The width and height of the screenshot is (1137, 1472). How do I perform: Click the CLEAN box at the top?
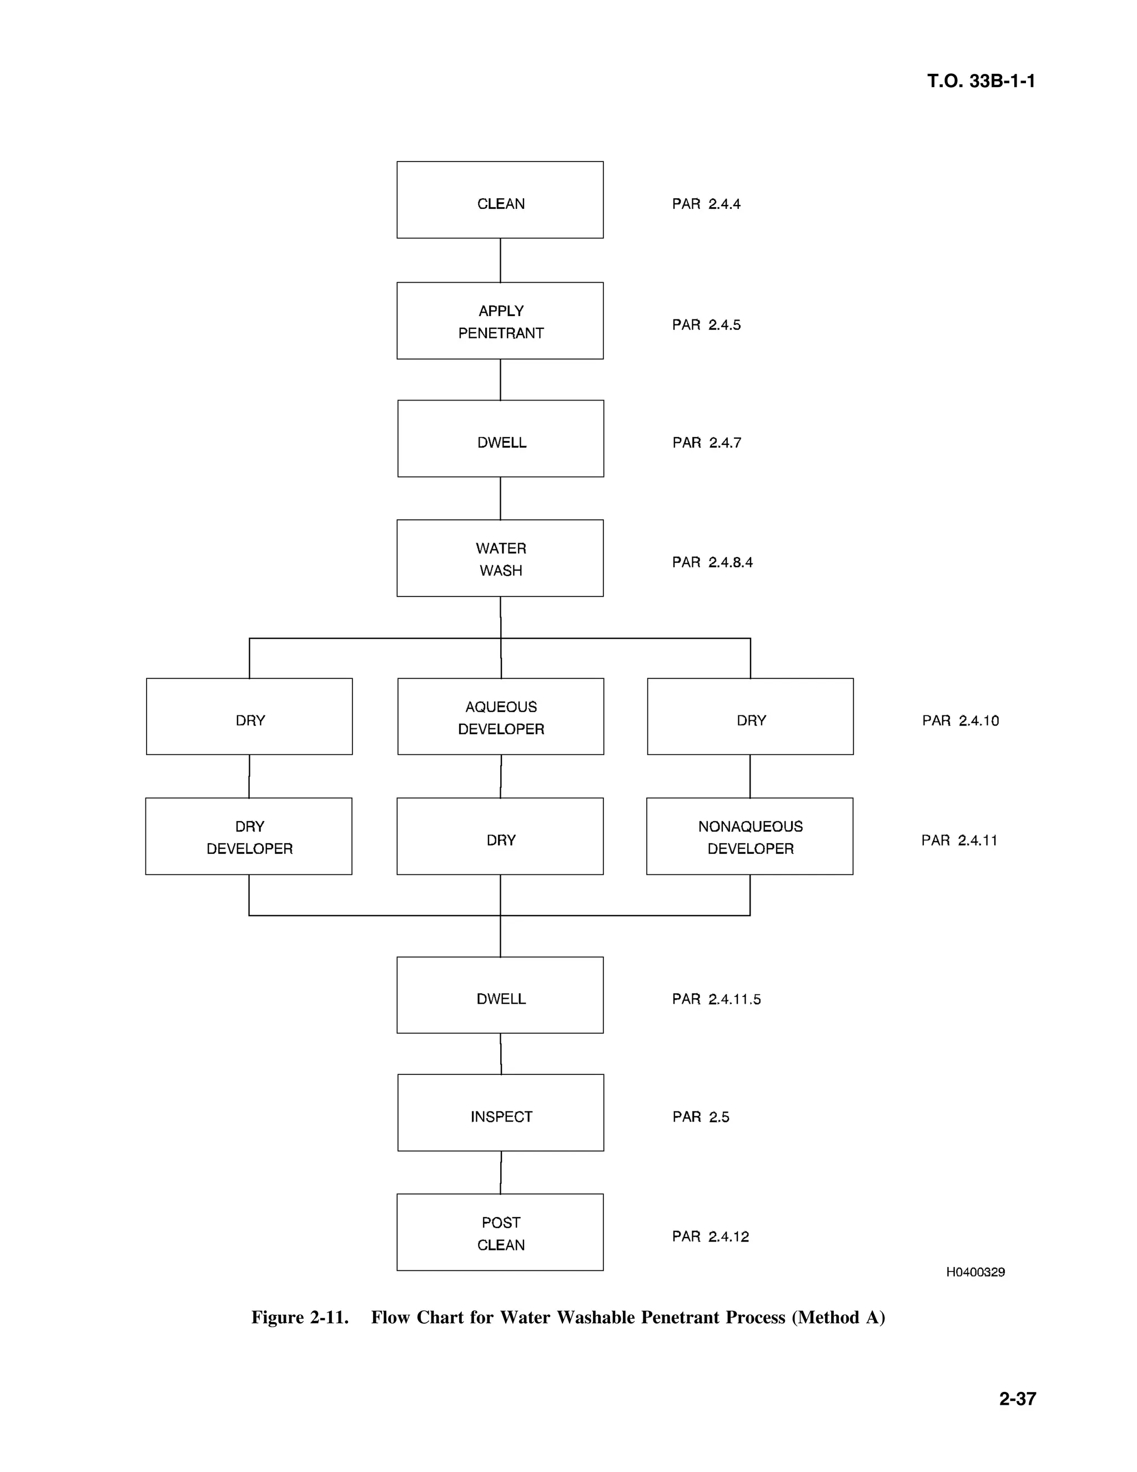coord(500,199)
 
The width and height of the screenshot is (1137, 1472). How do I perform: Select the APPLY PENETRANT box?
coord(500,321)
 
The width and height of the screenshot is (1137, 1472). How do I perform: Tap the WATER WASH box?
coord(500,558)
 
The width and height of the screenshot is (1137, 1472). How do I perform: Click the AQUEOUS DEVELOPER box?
coord(500,717)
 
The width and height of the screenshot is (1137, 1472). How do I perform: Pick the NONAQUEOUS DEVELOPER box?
coord(749,837)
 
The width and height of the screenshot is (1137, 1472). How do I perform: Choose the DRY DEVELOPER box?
coord(249,837)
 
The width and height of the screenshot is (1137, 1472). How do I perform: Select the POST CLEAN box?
coord(500,1233)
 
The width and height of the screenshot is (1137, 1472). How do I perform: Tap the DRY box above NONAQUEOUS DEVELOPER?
coord(751,717)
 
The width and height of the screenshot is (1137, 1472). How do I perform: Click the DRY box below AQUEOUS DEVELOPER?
coord(500,837)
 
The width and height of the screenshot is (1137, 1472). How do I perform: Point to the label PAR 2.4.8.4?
coord(712,562)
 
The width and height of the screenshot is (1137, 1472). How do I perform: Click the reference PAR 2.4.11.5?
coord(716,999)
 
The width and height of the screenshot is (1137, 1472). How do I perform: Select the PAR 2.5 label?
coord(701,1117)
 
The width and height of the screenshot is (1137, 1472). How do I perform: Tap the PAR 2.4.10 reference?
coord(960,720)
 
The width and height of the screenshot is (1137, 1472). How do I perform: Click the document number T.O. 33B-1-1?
coord(981,81)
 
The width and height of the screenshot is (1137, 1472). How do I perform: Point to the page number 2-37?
coord(1017,1399)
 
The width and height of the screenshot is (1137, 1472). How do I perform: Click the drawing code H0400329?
coord(975,1272)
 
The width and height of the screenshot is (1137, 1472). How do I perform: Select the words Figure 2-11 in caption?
coord(300,1317)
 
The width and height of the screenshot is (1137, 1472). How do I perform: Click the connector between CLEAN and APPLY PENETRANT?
coord(500,260)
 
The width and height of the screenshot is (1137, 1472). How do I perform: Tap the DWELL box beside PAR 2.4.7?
coord(500,439)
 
